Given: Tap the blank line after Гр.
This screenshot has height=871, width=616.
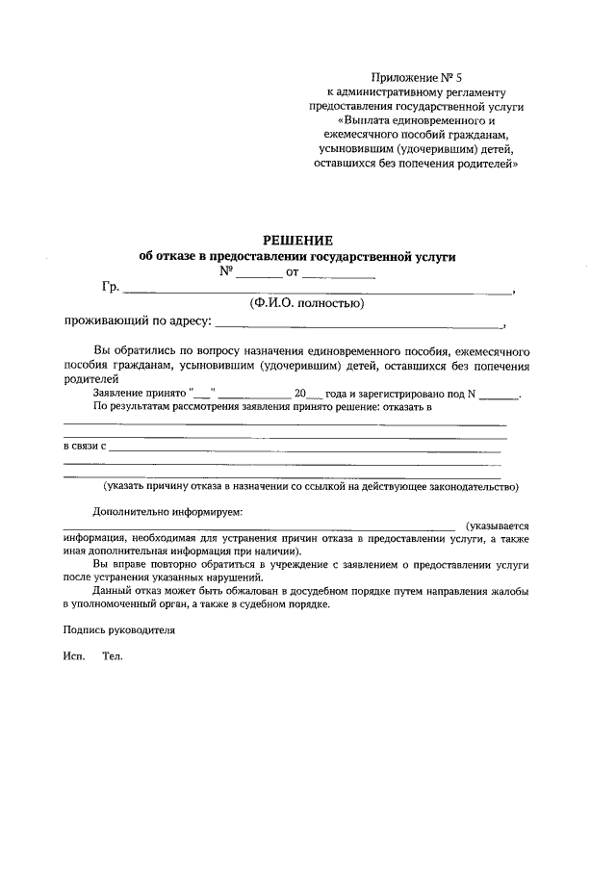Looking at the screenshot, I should [318, 290].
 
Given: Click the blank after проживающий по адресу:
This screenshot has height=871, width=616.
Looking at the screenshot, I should [357, 324].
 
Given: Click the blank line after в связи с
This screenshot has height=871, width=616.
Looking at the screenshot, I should [308, 448].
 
